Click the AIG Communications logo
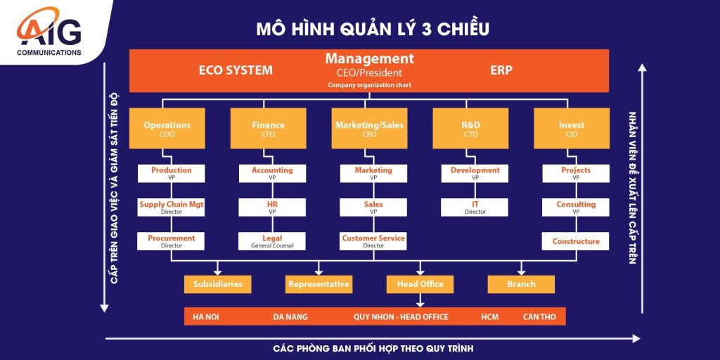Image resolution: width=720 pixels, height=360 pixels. tap(49, 32)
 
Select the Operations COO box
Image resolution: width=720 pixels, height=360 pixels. tap(167, 128)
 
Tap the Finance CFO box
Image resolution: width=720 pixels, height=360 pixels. tap(268, 128)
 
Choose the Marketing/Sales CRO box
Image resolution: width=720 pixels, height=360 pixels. tap(369, 128)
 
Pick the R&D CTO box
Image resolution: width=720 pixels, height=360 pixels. tap(470, 128)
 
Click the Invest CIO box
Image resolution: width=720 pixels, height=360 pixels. tap(572, 128)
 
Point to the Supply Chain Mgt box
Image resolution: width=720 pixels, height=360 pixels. tap(172, 207)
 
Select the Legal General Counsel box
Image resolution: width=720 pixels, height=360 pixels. tap(272, 241)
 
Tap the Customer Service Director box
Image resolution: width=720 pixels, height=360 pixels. tap(373, 241)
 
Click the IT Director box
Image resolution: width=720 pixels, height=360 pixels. tap(475, 207)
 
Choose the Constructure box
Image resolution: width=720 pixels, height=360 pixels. tap(576, 241)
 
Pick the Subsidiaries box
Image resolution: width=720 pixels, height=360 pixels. tap(218, 284)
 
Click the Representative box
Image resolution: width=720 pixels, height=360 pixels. tap(319, 284)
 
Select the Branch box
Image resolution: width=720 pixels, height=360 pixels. tap(521, 284)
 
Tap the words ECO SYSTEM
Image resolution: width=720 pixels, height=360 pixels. tap(236, 70)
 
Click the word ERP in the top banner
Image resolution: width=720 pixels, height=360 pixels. tap(501, 70)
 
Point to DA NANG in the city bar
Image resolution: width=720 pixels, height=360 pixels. tap(290, 317)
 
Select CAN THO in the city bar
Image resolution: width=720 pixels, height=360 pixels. tap(539, 317)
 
